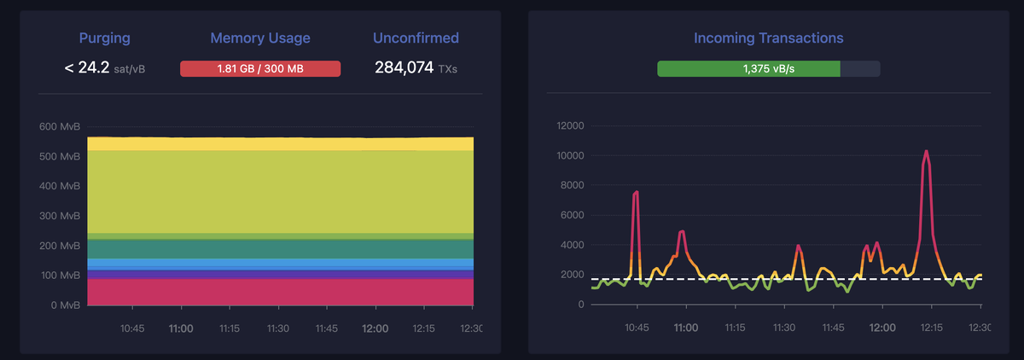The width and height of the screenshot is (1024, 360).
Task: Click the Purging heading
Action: coord(104,38)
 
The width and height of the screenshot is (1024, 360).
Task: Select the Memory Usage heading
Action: coord(260,38)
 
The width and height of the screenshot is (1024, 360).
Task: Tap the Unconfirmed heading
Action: coord(416,38)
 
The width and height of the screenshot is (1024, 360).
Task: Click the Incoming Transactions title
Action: coord(768,38)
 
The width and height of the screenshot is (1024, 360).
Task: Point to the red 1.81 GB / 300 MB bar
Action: coord(260,68)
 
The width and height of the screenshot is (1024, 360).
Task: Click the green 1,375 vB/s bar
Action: coord(748,68)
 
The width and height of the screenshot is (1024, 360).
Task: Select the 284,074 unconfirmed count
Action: coord(404,67)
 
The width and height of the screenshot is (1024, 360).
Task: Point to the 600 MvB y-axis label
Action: coord(60,127)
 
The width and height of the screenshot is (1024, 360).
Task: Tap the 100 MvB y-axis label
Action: coord(60,276)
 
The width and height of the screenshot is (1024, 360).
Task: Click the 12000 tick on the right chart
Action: coord(568,126)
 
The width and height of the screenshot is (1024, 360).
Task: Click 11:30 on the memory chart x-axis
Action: coord(278,328)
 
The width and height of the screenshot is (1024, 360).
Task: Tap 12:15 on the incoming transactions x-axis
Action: coord(931,328)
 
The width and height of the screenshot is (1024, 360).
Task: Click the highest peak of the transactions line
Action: coord(927,152)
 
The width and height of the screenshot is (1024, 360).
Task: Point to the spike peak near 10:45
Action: coord(637,193)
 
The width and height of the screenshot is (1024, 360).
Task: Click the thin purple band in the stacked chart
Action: coord(280,275)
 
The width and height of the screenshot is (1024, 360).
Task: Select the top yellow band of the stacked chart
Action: coord(280,143)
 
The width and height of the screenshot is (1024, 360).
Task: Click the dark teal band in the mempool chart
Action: coord(280,248)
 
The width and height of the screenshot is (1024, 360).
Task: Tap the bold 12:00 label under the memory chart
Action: coord(375,328)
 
